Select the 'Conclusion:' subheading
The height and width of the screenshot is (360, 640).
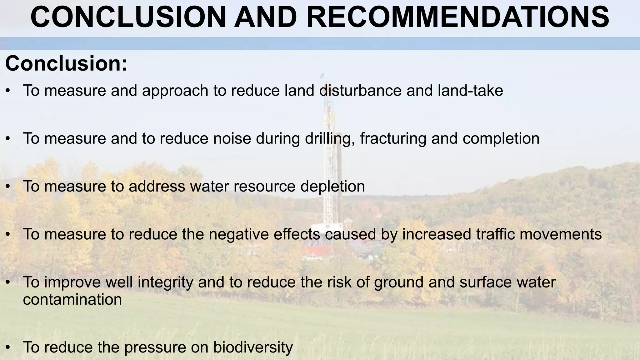[66, 63]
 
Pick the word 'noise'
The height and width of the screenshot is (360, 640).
[232, 138]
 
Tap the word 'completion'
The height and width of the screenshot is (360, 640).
[501, 138]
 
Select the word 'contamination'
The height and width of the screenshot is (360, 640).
[72, 299]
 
